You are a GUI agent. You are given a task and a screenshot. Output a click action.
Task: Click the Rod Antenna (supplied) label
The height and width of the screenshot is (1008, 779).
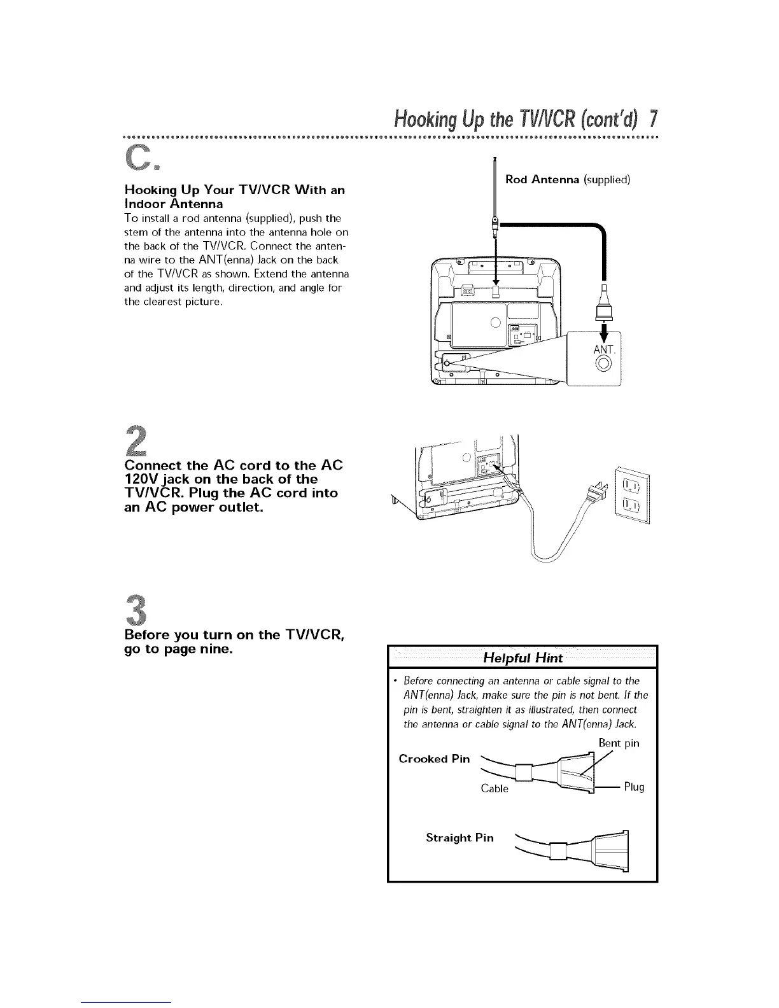[x=567, y=179]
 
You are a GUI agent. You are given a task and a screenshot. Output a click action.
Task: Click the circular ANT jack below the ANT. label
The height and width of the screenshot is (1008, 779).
[x=602, y=365]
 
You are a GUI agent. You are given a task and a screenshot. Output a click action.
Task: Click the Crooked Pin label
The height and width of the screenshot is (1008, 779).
[x=434, y=759]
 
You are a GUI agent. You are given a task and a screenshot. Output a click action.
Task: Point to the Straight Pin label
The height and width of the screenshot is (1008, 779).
[x=460, y=837]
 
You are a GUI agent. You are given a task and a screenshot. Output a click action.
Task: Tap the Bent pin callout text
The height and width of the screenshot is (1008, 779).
[x=619, y=743]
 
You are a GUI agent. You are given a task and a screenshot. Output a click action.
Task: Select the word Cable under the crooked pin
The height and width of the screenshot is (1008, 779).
[x=495, y=788]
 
